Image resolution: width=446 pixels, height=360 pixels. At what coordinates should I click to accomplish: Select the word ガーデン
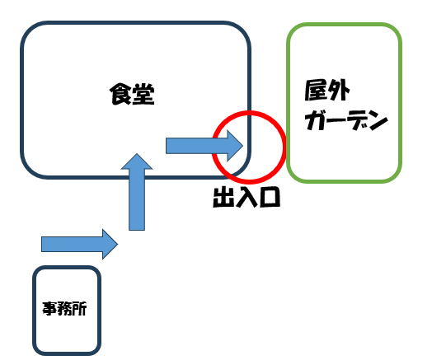coord(346,123)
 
